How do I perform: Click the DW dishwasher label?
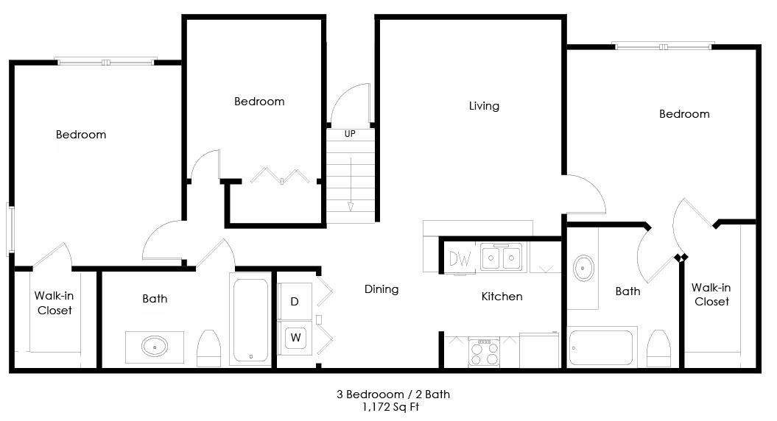pyautogui.click(x=460, y=258)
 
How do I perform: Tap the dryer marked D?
pyautogui.click(x=295, y=301)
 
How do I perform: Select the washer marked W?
pyautogui.click(x=295, y=338)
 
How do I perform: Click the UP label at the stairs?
pyautogui.click(x=350, y=134)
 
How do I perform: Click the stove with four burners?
pyautogui.click(x=484, y=353)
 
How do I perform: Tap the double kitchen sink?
pyautogui.click(x=501, y=257)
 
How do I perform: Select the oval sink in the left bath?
pyautogui.click(x=155, y=346)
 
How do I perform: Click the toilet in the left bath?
pyautogui.click(x=208, y=348)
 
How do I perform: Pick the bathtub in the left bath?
pyautogui.click(x=250, y=320)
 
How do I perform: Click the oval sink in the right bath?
pyautogui.click(x=584, y=269)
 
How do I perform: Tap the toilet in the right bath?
pyautogui.click(x=659, y=348)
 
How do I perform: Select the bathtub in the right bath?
pyautogui.click(x=602, y=347)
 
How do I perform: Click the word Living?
pyautogui.click(x=484, y=106)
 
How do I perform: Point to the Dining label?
pyautogui.click(x=382, y=289)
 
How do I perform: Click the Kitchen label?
pyautogui.click(x=502, y=296)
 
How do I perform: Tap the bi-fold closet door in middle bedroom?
pyautogui.click(x=280, y=176)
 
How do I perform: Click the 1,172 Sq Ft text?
pyautogui.click(x=391, y=407)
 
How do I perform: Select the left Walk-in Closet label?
pyautogui.click(x=55, y=303)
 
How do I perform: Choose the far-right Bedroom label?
pyautogui.click(x=684, y=114)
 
